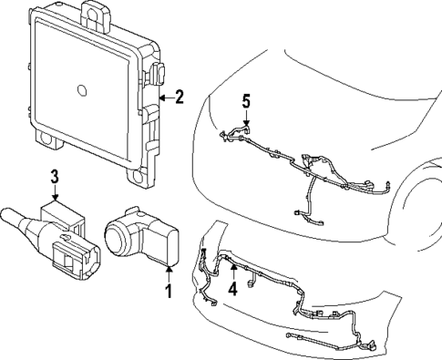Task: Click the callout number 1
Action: click(168, 292)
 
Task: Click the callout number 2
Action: click(179, 96)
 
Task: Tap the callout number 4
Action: click(232, 289)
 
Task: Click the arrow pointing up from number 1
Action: click(168, 270)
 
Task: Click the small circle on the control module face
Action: click(81, 91)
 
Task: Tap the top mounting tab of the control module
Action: click(94, 11)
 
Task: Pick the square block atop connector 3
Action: click(61, 211)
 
